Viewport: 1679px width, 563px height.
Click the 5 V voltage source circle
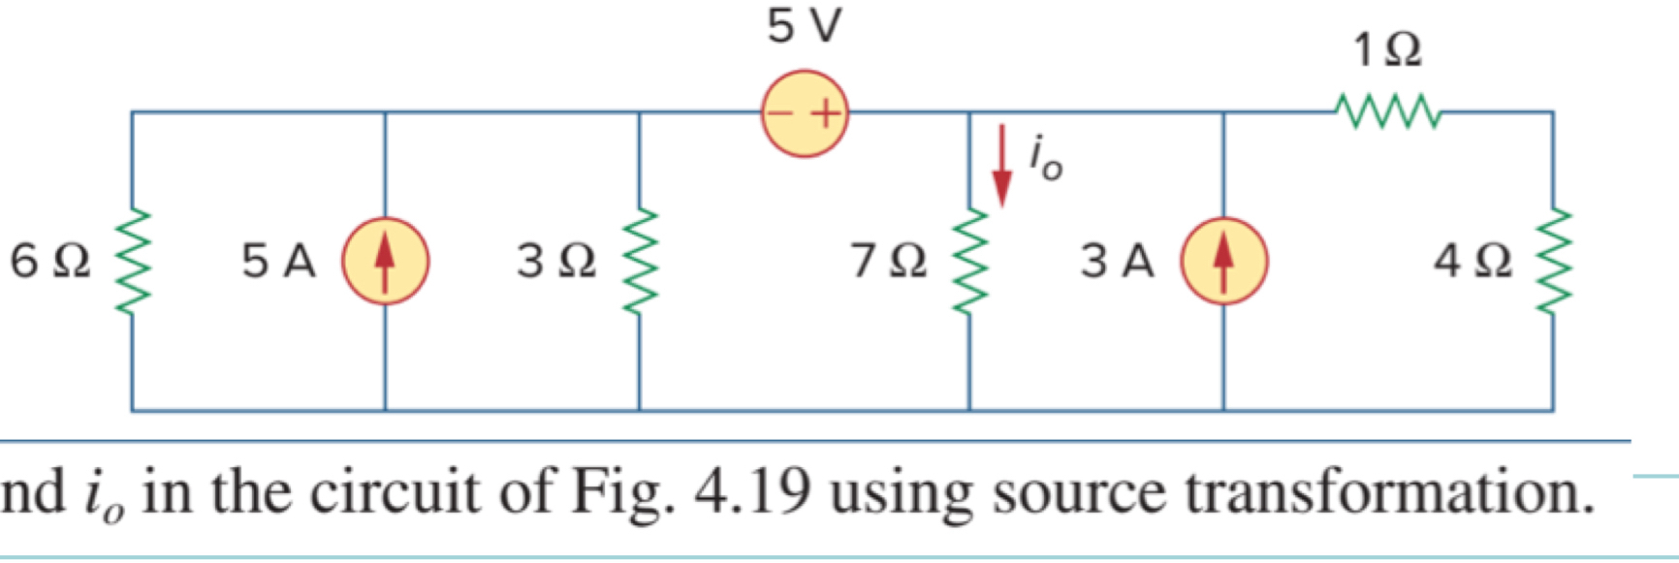click(805, 113)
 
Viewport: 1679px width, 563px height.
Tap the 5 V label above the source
click(805, 26)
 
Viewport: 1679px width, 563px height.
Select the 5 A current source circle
click(385, 261)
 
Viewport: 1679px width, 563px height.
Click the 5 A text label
click(279, 261)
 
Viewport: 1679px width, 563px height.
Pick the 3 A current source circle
click(1223, 261)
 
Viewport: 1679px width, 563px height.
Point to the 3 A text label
click(1118, 261)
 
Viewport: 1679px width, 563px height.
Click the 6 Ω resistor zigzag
click(133, 261)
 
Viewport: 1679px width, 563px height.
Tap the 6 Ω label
click(50, 261)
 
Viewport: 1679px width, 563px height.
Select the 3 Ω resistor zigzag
click(639, 261)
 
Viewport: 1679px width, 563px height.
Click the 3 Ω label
click(556, 261)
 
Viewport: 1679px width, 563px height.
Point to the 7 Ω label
click(889, 261)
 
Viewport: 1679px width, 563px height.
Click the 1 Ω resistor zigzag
click(1388, 111)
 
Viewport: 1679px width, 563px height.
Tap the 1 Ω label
click(1388, 49)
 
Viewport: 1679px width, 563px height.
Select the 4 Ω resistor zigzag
click(1553, 261)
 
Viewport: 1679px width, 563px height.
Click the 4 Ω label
click(1473, 261)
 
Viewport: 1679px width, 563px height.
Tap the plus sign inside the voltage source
click(826, 114)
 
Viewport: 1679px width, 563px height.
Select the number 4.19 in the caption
click(752, 492)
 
